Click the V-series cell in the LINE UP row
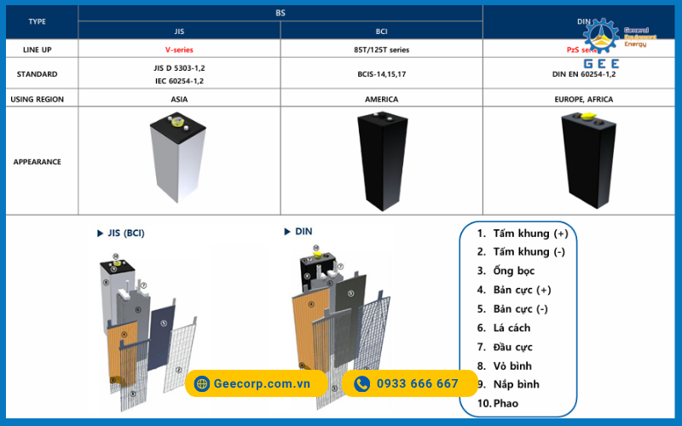[x=179, y=50]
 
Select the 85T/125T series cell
[x=381, y=50]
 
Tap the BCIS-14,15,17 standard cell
[x=381, y=74]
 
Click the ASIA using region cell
[x=179, y=99]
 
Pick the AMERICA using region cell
[x=381, y=99]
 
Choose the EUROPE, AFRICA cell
[x=583, y=99]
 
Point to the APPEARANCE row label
[x=38, y=161]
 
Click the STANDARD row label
[x=38, y=74]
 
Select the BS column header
[x=280, y=14]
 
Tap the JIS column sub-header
[x=179, y=31]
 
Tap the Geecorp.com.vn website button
[x=256, y=383]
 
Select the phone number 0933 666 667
[x=408, y=383]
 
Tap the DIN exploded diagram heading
[x=299, y=231]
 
